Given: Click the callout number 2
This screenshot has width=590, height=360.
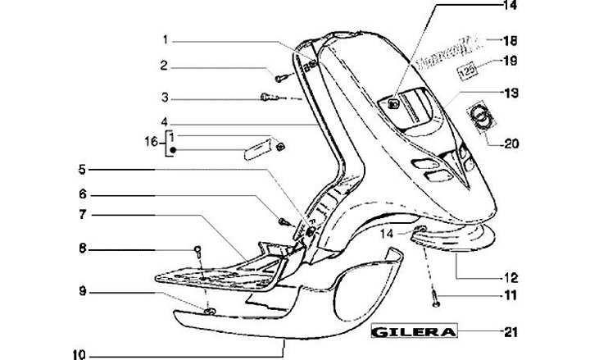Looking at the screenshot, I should tap(164, 66).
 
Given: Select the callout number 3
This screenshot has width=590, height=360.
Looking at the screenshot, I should tap(164, 98).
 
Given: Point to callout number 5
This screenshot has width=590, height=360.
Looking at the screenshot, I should tap(82, 171).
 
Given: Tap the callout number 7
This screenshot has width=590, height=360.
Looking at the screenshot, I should tap(82, 215).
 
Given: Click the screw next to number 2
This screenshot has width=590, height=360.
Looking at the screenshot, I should tap(280, 77).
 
